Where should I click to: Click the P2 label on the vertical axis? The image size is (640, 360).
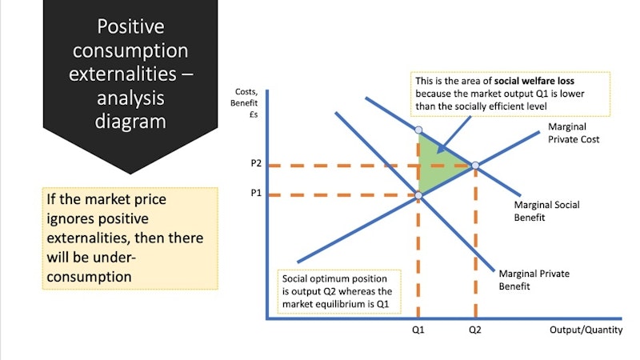point(255,163)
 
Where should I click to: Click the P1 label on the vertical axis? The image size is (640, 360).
point(255,194)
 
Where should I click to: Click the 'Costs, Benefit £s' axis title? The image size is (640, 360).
point(243,104)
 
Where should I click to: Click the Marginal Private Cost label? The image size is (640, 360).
point(574,133)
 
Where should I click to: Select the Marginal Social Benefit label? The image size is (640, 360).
point(546,210)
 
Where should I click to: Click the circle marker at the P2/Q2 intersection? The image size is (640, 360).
point(475,166)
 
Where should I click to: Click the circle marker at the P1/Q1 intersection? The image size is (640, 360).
point(418,194)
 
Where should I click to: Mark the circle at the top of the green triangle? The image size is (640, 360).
point(418,129)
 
